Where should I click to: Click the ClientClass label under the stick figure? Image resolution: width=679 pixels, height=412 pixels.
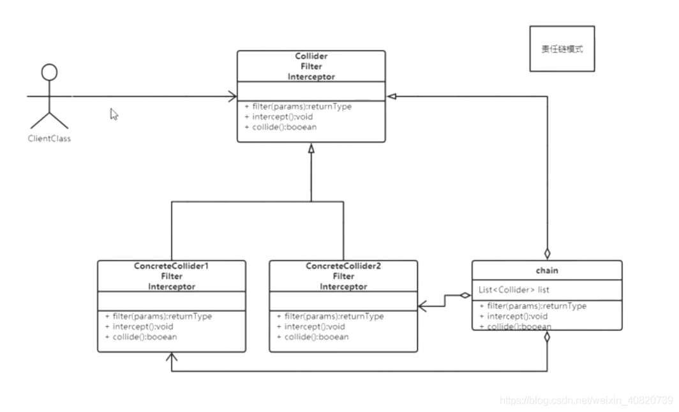coord(49,139)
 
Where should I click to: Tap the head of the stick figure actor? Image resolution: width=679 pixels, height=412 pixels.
coord(49,72)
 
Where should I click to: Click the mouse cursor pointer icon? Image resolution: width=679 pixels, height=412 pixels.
coord(114,114)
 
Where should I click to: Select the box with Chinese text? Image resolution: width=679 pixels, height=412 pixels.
coord(562,49)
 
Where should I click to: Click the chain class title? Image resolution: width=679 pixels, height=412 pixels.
coord(547,270)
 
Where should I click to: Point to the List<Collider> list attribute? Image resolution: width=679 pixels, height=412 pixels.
coord(514,289)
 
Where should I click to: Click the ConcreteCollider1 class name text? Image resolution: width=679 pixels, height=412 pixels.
coord(172,266)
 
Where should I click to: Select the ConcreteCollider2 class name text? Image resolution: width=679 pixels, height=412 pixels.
coord(343,266)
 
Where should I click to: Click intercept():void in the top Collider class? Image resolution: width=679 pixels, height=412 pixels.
coord(278,116)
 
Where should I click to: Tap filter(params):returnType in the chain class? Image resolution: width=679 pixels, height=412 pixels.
coord(533,306)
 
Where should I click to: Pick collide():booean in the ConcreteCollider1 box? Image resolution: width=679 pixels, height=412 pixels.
coord(141,337)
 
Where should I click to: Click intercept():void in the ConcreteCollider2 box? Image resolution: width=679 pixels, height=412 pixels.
coord(311,326)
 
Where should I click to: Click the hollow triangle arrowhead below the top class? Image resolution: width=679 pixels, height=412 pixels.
coord(311,149)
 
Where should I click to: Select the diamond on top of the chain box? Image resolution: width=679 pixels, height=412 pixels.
coord(548,254)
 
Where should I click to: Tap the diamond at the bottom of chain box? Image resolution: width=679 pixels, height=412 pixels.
coord(548,337)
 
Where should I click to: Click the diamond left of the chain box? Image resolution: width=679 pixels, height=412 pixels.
coord(465,296)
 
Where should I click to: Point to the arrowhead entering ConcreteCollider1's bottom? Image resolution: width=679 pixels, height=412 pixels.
coord(172,357)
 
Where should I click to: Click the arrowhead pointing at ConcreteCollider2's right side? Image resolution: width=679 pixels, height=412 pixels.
coord(422,307)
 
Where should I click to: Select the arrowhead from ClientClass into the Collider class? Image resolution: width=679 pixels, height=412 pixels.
coord(232,96)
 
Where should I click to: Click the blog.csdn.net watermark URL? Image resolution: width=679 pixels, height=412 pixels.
coord(586,400)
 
